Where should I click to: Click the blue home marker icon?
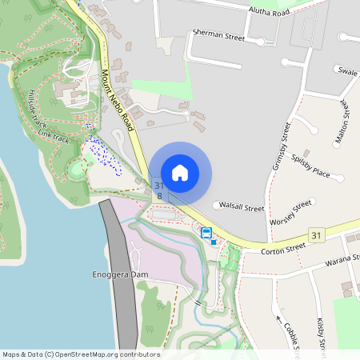point(180,172)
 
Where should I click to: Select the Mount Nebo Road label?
point(118,100)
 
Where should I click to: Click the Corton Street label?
point(284,249)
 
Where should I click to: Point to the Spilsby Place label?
point(311,166)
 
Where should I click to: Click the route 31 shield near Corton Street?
point(317,234)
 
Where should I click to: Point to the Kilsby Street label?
point(322,336)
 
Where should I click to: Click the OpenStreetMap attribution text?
point(81,354)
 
